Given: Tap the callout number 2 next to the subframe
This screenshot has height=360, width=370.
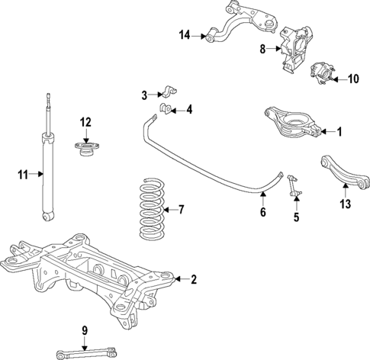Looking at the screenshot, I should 194,280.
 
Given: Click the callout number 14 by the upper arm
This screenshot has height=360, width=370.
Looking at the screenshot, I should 185,35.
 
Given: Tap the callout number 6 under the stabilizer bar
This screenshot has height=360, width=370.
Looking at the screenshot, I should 262,213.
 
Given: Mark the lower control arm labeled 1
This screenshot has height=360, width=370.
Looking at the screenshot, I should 288,123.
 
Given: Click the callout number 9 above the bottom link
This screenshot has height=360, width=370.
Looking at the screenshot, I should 85,330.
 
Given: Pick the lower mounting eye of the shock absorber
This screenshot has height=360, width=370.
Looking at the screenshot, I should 48,217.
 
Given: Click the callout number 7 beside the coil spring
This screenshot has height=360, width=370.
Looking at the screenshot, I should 181,210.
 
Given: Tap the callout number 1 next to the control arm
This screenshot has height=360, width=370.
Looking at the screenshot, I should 340,132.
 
